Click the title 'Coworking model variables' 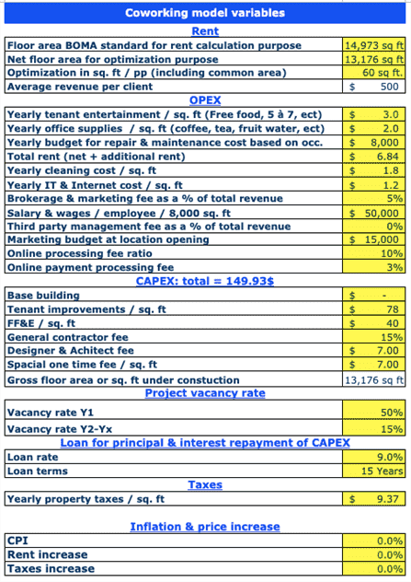point(204,13)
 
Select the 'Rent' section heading point(204,31)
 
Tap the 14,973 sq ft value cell point(373,45)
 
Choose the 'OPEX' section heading point(204,100)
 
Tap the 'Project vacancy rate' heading point(204,393)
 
